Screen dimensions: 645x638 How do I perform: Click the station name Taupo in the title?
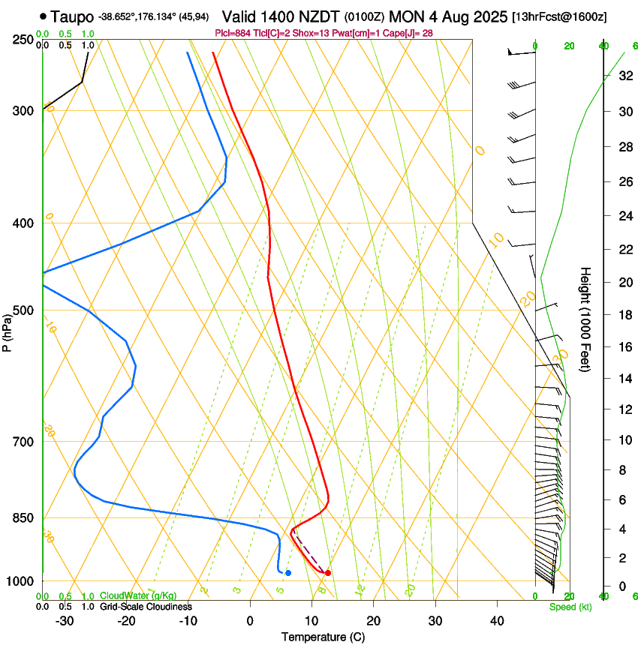click(x=73, y=16)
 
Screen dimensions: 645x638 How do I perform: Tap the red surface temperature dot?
click(x=328, y=573)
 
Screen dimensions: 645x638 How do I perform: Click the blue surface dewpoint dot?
click(x=288, y=573)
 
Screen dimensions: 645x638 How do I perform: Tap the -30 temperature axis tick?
click(x=65, y=621)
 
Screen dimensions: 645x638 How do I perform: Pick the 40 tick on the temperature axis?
click(x=497, y=621)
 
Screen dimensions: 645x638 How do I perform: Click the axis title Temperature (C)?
click(x=323, y=637)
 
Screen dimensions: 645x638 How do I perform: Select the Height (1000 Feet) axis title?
click(x=586, y=319)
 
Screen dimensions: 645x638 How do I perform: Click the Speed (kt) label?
click(x=570, y=607)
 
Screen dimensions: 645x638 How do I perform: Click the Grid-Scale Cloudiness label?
click(x=146, y=606)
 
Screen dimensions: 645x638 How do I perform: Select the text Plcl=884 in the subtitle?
click(x=233, y=32)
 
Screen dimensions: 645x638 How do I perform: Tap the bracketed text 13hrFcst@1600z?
click(x=560, y=16)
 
